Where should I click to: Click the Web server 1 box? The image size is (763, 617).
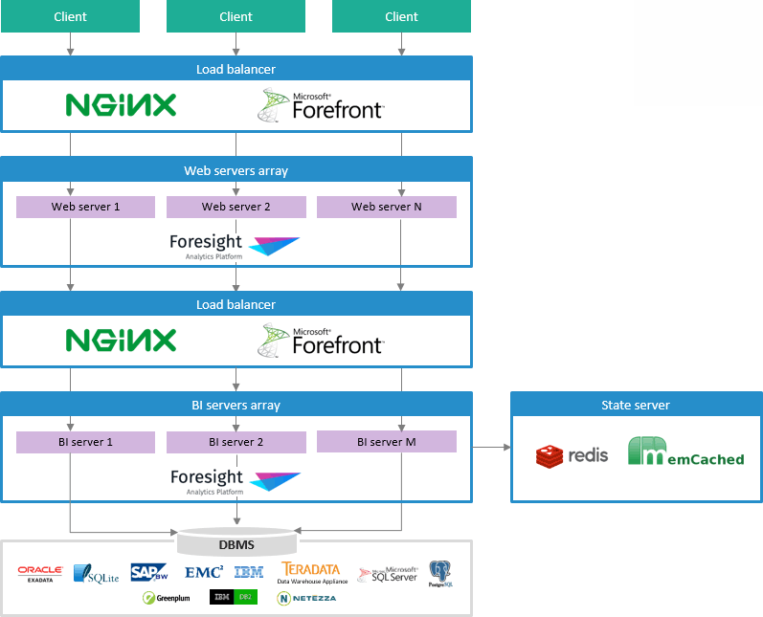click(x=85, y=207)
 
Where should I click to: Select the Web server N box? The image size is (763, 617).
click(x=387, y=207)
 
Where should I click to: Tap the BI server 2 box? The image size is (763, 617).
click(x=236, y=442)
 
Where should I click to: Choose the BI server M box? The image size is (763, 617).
click(x=387, y=442)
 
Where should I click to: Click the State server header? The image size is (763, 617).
click(x=636, y=405)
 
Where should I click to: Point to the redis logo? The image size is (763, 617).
click(x=572, y=455)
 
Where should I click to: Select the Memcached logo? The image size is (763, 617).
click(x=685, y=452)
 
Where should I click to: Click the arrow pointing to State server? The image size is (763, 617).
click(x=490, y=447)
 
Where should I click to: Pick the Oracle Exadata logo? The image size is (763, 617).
click(x=40, y=572)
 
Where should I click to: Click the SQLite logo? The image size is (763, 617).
click(x=96, y=574)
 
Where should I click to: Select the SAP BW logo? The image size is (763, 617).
click(x=150, y=572)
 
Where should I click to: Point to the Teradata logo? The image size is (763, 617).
click(x=311, y=572)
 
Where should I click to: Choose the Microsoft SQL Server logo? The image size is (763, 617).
click(x=388, y=574)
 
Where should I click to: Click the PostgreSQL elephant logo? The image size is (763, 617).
click(x=439, y=573)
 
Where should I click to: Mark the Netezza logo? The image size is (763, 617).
click(x=306, y=598)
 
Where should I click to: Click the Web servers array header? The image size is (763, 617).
click(x=236, y=170)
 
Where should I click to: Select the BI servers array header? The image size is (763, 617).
click(x=236, y=405)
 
